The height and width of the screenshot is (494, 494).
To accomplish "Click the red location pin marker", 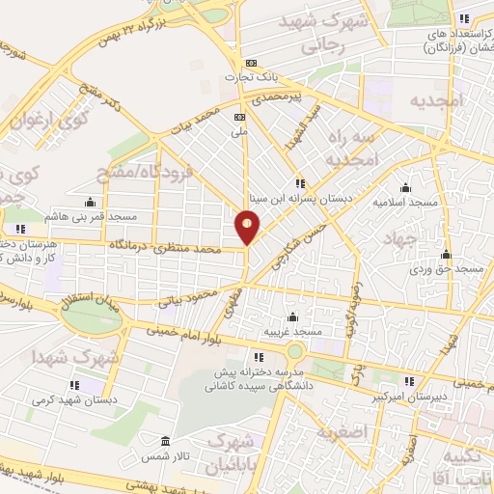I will [x=248, y=226].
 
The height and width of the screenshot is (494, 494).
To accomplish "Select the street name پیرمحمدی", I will [x=277, y=96].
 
